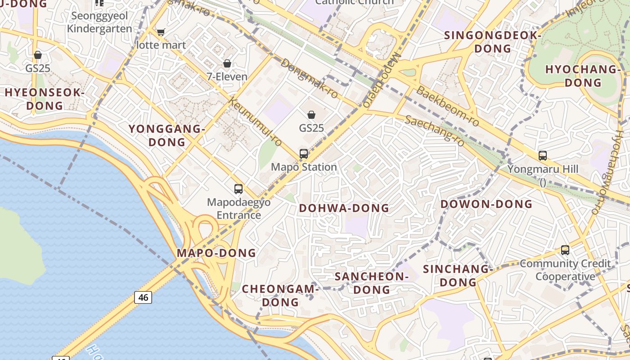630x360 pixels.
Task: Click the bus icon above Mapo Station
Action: point(304,154)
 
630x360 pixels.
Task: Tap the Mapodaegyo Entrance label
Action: point(239,208)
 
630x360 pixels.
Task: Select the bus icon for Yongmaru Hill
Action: point(543,156)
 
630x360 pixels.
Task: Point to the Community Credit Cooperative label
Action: point(565,270)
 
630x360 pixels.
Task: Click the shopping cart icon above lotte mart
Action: point(161,32)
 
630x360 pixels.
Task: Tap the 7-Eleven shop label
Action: point(227,76)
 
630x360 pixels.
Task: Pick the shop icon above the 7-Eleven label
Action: point(227,63)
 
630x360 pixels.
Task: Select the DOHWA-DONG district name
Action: point(344,208)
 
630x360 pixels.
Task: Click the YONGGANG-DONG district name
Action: point(167,135)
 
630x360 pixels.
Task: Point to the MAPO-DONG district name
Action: point(216,253)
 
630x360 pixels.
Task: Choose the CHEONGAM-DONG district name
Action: point(280,295)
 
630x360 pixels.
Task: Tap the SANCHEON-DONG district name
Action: point(372,283)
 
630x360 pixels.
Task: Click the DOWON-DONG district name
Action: point(486,204)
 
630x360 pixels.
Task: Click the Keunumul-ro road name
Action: point(255,122)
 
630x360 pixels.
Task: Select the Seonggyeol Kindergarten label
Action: point(99,22)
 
